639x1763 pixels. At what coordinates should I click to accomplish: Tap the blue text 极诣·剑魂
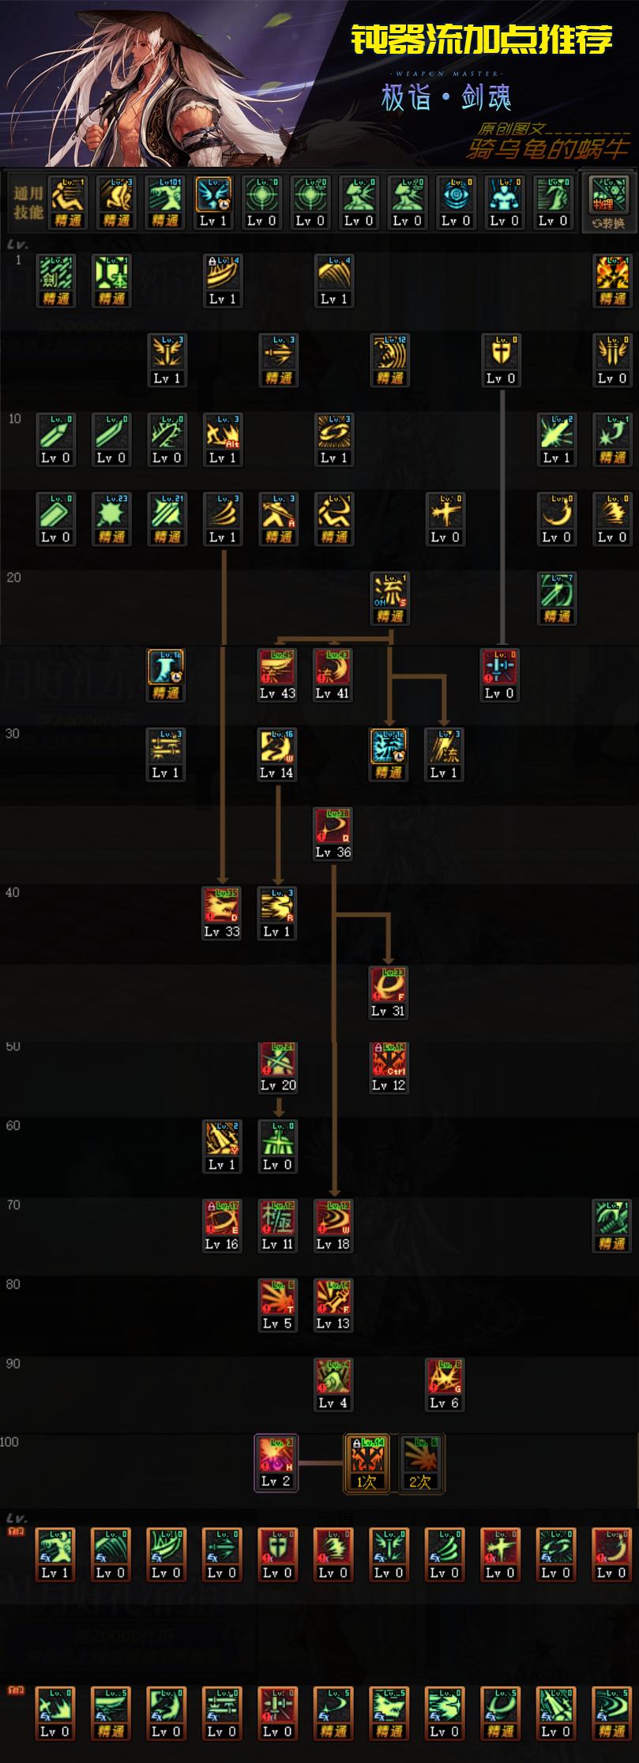pyautogui.click(x=446, y=98)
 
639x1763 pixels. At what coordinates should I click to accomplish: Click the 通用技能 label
pyautogui.click(x=28, y=203)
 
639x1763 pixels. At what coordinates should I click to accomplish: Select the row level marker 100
pyautogui.click(x=9, y=1442)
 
